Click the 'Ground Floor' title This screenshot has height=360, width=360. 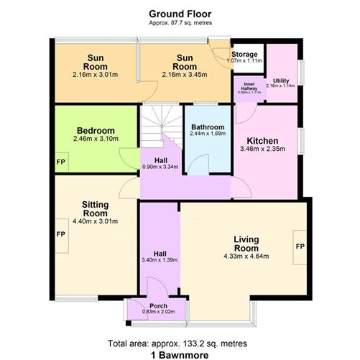click(x=179, y=13)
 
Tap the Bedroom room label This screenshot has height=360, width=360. click(x=94, y=130)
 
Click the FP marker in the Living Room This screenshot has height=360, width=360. click(x=300, y=246)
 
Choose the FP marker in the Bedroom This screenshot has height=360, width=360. click(x=60, y=161)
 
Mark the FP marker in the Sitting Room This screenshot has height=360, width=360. click(x=61, y=234)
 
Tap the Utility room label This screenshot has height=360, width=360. click(x=281, y=80)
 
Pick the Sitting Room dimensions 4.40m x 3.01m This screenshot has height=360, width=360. click(x=94, y=222)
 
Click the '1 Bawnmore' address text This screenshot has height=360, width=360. click(x=179, y=354)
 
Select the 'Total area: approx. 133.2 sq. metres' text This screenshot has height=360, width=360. click(x=179, y=343)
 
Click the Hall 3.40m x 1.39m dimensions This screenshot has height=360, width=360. click(x=159, y=259)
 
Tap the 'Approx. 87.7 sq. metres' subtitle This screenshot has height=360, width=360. click(x=179, y=23)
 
